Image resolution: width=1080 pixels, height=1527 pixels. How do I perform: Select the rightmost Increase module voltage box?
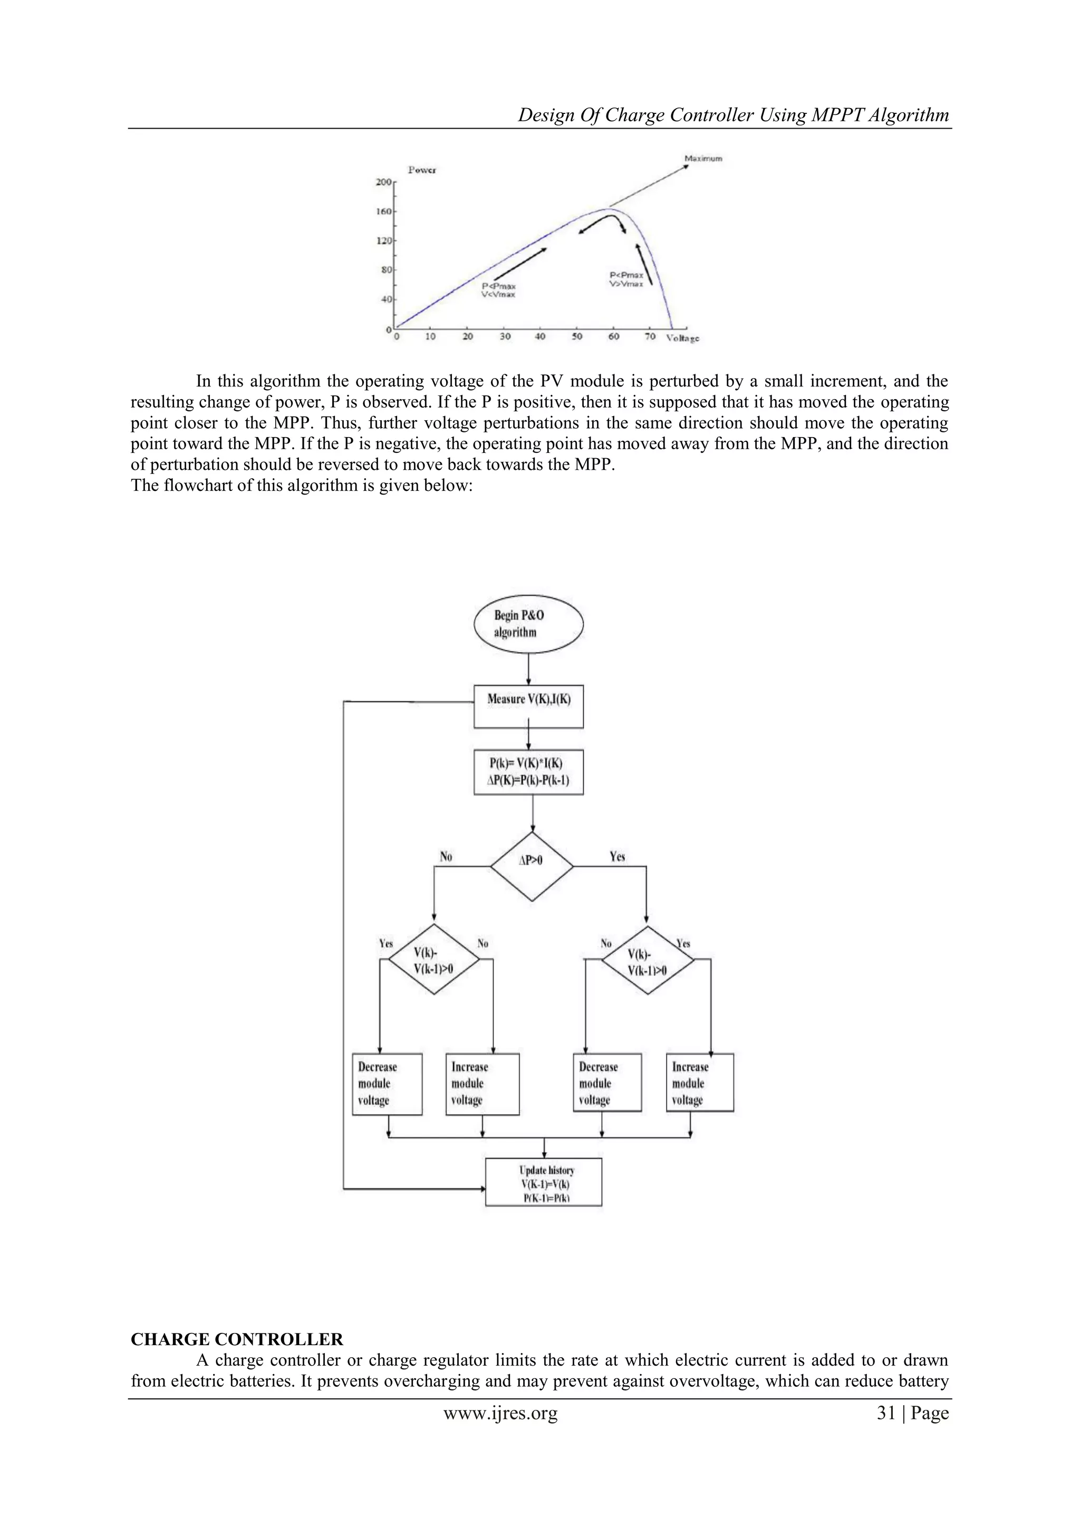tap(700, 1083)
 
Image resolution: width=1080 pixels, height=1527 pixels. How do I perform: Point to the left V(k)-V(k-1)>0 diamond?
tap(433, 959)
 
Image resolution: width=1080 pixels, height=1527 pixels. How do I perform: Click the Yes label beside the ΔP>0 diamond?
tap(617, 857)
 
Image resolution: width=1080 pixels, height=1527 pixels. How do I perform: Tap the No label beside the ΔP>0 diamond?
tap(446, 857)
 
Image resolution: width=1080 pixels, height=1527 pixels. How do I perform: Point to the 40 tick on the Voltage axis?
tap(540, 336)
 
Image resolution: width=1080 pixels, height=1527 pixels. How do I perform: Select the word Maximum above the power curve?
tap(703, 159)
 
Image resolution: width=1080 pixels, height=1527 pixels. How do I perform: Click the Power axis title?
tap(422, 170)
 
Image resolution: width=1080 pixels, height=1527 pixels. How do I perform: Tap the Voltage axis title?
tap(683, 339)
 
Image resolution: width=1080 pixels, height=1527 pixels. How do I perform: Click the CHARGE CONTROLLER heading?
tap(237, 1339)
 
